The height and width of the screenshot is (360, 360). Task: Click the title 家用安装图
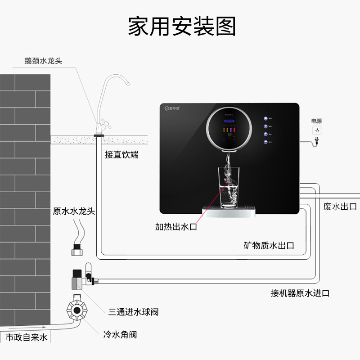(x=182, y=26)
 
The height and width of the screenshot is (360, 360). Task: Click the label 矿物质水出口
(x=269, y=246)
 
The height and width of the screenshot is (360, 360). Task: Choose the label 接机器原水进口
(x=300, y=293)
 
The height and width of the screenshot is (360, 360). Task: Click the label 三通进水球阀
(x=133, y=312)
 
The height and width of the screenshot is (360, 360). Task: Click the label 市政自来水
(x=26, y=337)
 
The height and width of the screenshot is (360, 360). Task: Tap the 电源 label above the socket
(x=317, y=121)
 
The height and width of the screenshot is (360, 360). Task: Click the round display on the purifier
(x=229, y=127)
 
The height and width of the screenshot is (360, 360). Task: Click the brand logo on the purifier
(x=171, y=108)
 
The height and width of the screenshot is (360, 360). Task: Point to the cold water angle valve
(x=79, y=310)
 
